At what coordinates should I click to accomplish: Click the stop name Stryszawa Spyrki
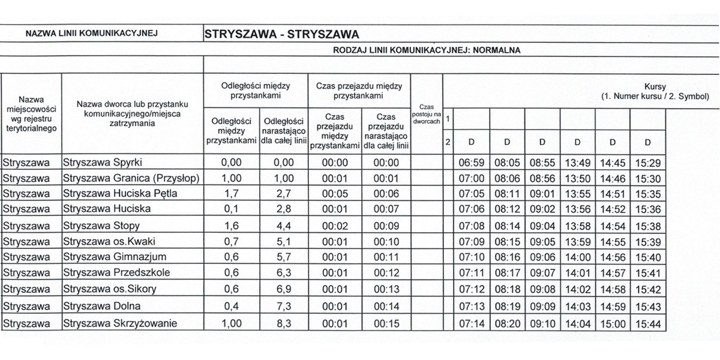coord(102,162)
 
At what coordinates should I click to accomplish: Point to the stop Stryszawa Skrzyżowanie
coord(120,323)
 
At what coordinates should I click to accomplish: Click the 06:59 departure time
coord(471,162)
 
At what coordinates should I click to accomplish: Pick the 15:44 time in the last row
coord(647,323)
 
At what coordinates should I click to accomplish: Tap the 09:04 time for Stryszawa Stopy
coord(542,226)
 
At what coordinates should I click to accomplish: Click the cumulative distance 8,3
coord(283,323)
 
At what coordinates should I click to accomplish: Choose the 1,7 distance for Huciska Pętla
coord(231,194)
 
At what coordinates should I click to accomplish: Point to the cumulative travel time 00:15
coord(385,323)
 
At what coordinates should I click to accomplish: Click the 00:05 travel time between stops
coord(334,194)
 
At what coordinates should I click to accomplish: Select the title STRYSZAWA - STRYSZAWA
coord(281,34)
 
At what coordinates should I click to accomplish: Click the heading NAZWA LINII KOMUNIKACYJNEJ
coord(91,34)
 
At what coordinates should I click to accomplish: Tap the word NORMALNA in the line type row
coord(497,50)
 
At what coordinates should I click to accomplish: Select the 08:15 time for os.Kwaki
coord(506,241)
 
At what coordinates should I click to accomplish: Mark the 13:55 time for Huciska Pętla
coord(577,194)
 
